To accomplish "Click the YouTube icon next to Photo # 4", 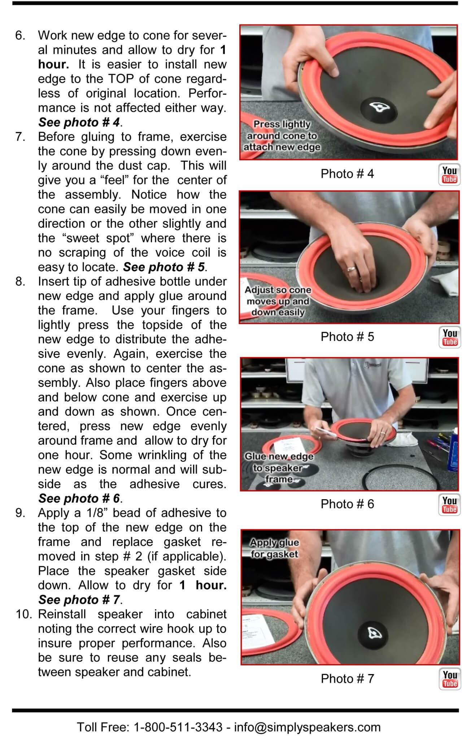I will [449, 175].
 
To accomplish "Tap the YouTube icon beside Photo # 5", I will [449, 338].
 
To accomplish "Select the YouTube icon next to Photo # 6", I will [449, 505].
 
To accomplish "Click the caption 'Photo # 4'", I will [347, 174].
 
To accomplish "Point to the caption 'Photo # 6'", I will [347, 504].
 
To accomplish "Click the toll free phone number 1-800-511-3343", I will [178, 727].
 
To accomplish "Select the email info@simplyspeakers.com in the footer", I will [307, 727].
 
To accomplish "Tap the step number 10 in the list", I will [25, 614].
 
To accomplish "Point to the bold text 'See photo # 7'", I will [79, 600].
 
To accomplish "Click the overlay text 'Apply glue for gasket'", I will [274, 548].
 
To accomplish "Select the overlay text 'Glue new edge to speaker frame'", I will [279, 468].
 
